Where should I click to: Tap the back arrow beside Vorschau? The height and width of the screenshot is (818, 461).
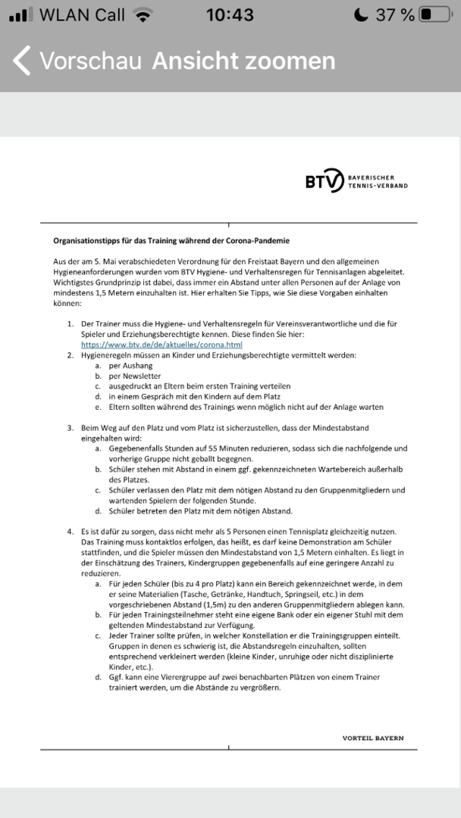click(x=22, y=61)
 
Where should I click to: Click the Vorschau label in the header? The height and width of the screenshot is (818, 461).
click(x=90, y=61)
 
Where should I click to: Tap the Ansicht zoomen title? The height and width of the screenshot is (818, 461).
click(x=243, y=61)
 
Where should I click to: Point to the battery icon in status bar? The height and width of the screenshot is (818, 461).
click(x=434, y=15)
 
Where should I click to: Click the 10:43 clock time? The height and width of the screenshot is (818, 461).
click(x=230, y=15)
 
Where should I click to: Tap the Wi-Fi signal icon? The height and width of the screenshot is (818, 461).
click(x=141, y=15)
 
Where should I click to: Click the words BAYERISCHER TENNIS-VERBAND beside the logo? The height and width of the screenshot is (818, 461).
click(x=378, y=181)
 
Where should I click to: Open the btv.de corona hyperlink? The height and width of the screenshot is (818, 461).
click(x=162, y=345)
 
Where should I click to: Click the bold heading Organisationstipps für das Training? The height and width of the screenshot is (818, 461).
click(x=171, y=240)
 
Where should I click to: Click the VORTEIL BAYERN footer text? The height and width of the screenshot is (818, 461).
click(x=373, y=738)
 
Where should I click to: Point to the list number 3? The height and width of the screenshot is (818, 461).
click(x=70, y=427)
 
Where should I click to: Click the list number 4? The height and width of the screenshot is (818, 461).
click(x=70, y=531)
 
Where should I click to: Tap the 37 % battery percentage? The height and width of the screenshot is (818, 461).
click(x=395, y=15)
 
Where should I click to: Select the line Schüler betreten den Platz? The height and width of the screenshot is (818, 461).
click(x=200, y=510)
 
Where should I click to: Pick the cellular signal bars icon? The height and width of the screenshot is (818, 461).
click(x=20, y=15)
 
